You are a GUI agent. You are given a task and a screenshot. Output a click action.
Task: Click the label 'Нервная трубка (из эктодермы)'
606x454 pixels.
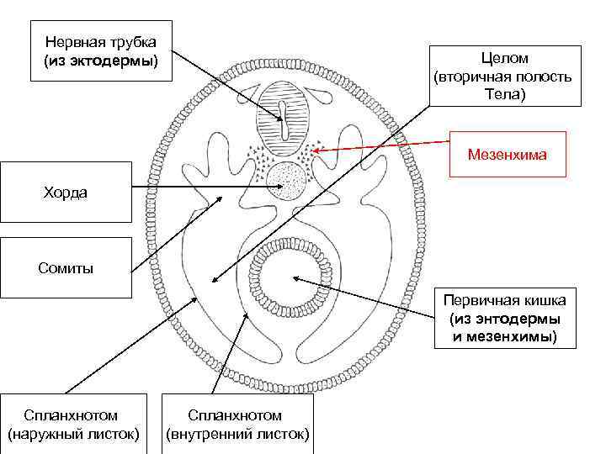[101, 51]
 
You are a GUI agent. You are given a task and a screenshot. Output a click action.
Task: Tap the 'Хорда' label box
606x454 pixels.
[66, 192]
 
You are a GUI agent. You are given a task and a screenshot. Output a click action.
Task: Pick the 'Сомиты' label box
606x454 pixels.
[66, 267]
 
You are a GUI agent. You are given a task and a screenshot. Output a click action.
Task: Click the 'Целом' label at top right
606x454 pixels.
[504, 76]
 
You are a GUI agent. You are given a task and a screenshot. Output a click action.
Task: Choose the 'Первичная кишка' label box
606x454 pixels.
[505, 319]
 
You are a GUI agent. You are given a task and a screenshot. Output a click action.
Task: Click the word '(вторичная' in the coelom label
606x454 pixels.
[471, 77]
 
